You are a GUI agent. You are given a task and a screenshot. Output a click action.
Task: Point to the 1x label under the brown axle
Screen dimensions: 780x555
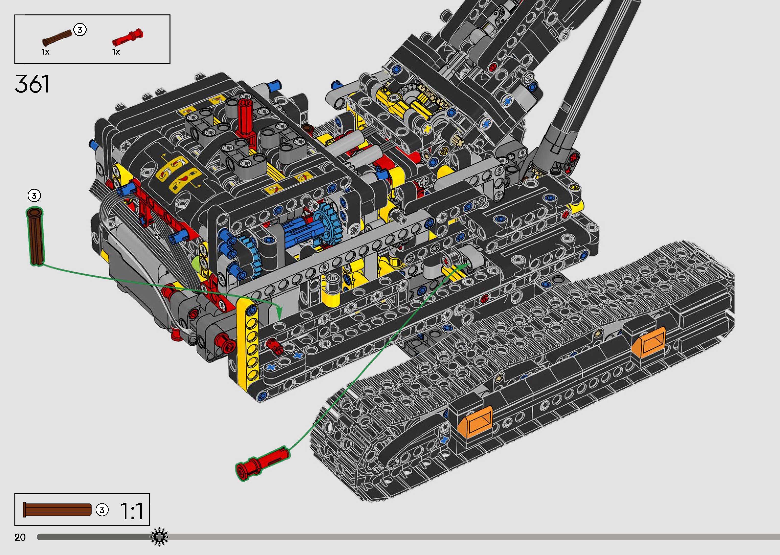45,52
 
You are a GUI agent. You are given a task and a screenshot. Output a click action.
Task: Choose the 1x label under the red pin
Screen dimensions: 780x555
116,52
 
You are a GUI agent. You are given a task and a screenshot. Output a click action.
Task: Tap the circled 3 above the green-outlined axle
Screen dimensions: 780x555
34,196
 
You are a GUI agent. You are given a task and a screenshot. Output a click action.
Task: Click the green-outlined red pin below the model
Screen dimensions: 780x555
262,463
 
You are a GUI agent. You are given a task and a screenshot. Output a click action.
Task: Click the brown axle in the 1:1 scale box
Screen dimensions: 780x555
57,509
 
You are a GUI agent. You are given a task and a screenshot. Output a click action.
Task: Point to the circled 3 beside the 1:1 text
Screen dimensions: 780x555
102,510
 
